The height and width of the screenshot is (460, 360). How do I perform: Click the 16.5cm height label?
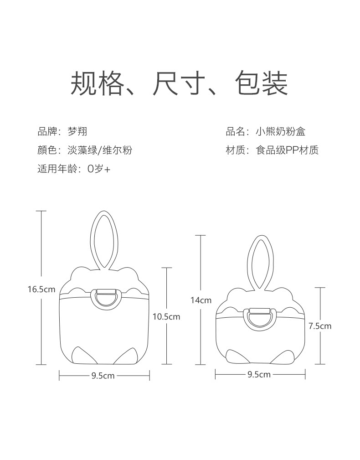click(x=41, y=289)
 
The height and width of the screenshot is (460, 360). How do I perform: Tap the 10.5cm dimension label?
click(x=166, y=316)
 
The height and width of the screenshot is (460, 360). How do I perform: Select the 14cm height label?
click(x=201, y=300)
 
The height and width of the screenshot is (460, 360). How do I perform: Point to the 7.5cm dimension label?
click(x=320, y=326)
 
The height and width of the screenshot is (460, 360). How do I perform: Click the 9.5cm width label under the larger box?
click(x=103, y=376)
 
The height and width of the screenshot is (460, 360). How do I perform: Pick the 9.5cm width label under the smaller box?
click(x=259, y=374)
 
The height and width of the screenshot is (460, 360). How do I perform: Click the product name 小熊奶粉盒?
click(x=280, y=132)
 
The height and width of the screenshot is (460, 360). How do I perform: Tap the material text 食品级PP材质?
click(x=287, y=150)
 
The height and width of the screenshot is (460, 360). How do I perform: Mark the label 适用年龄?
click(x=56, y=169)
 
